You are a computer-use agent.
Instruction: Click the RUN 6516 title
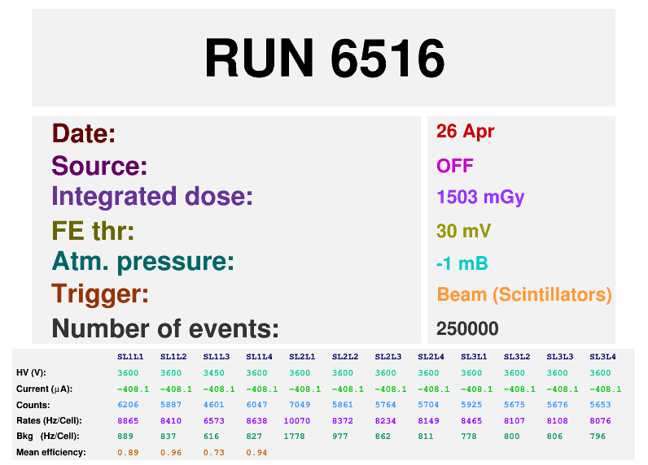[x=325, y=58]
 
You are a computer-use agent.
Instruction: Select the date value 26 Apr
[x=465, y=132]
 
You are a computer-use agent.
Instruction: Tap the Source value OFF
[x=454, y=166]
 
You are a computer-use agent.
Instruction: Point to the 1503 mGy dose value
[x=480, y=198]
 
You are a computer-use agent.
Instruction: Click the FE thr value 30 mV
[x=463, y=231]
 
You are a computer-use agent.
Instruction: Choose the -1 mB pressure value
[x=462, y=263]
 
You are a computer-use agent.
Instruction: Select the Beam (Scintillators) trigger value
[x=524, y=294]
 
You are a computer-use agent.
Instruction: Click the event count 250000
[x=467, y=329]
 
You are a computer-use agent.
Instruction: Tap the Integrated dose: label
[x=152, y=197]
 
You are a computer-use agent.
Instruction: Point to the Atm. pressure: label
[x=143, y=262]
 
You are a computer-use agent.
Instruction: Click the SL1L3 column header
[x=217, y=357]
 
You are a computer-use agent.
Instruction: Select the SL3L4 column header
[x=602, y=357]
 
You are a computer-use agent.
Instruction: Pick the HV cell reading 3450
[x=213, y=373]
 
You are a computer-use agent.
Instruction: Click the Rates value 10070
[x=296, y=421]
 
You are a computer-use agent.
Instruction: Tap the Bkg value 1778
[x=294, y=437]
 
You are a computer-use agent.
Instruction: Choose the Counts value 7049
[x=300, y=405]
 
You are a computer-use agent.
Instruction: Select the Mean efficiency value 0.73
[x=213, y=453]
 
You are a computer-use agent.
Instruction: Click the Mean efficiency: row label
[x=50, y=453]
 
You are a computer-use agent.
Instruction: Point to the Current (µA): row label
[x=44, y=389]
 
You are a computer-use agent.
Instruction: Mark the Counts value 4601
[x=213, y=405]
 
